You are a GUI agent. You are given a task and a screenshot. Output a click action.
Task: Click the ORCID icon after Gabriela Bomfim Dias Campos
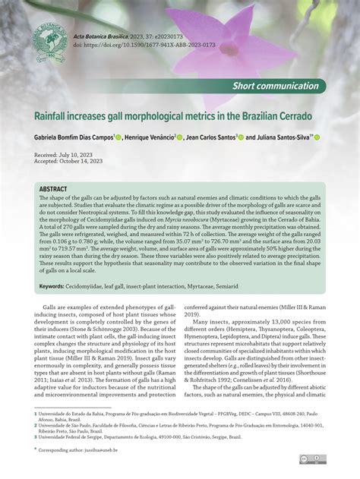point(121,137)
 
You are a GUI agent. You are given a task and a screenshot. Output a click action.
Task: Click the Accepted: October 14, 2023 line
point(72,161)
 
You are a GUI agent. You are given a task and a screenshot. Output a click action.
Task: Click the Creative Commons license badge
point(313,459)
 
